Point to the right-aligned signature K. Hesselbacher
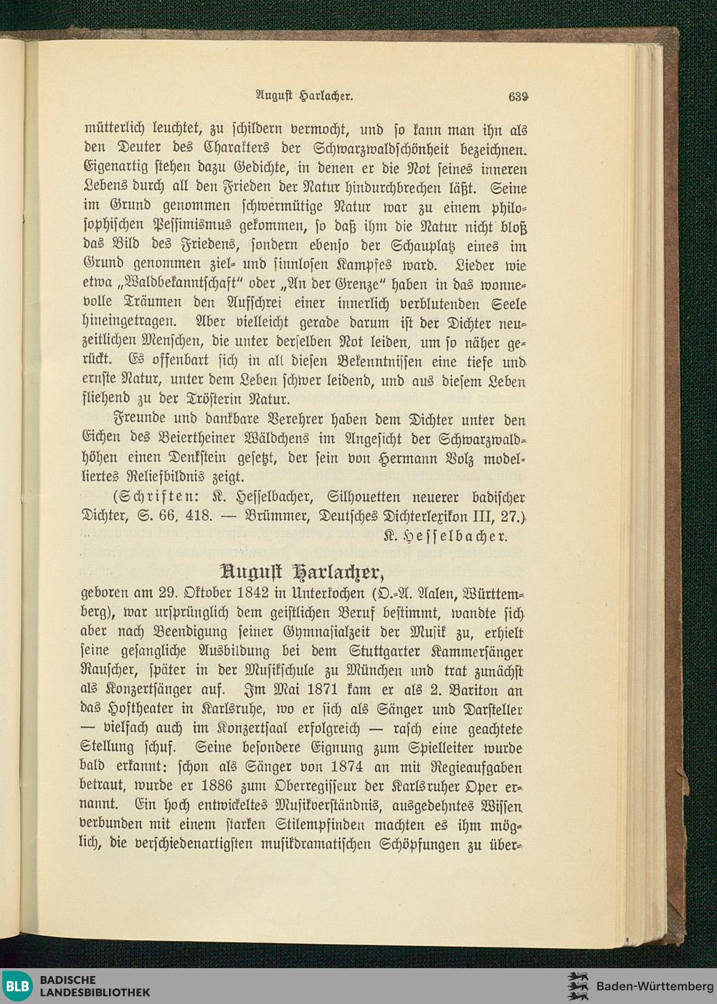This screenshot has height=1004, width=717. click(445, 535)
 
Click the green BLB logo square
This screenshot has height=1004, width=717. click(16, 986)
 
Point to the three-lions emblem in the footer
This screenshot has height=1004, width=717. click(578, 986)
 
